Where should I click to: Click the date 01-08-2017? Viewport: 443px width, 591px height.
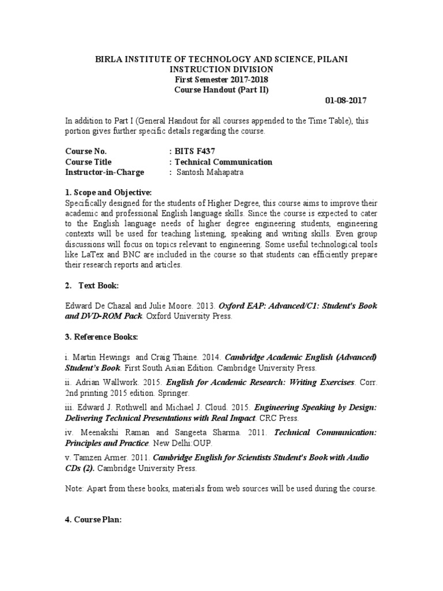pyautogui.click(x=346, y=100)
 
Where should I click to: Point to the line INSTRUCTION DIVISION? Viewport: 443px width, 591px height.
pyautogui.click(x=221, y=69)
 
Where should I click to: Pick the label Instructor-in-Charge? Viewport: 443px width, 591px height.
pyautogui.click(x=104, y=172)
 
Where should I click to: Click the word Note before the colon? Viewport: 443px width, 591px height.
pyautogui.click(x=74, y=488)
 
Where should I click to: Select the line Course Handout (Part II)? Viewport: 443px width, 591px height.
pyautogui.click(x=221, y=89)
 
